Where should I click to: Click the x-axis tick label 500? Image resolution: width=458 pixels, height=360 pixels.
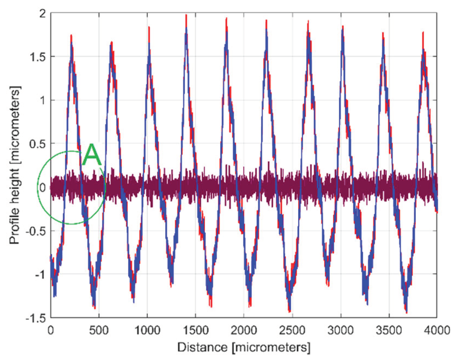point(99,330)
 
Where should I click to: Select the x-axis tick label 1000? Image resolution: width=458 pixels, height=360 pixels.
point(147,330)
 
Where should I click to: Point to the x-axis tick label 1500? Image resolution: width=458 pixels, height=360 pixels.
point(196,330)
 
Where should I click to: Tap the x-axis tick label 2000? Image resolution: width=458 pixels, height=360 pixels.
point(244,330)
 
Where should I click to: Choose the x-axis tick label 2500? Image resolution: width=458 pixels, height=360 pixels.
point(292,330)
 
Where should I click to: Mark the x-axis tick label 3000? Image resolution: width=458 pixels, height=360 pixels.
point(340,330)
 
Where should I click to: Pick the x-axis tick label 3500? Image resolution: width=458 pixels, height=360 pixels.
point(389,330)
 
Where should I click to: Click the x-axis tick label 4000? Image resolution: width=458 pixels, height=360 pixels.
point(437,330)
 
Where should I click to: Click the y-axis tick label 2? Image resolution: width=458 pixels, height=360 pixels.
point(42,13)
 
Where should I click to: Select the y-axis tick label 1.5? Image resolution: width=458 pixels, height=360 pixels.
point(38,57)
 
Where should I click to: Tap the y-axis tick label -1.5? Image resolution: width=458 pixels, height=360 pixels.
point(36,318)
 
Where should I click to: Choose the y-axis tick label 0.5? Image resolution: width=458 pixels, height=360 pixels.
point(38,144)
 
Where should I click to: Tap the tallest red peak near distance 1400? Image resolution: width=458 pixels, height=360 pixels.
point(186,16)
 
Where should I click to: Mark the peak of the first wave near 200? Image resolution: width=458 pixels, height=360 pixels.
point(71,36)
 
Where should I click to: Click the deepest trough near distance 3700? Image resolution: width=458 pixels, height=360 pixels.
point(406,312)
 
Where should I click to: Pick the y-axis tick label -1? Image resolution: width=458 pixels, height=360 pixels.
point(39,275)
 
